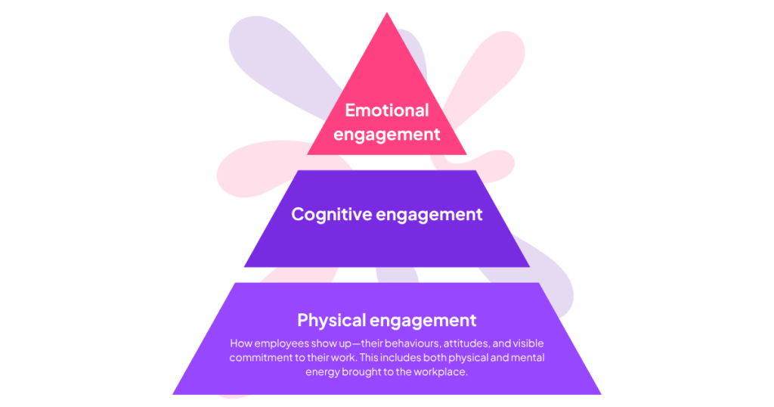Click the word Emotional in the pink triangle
point(387,110)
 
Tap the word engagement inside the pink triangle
point(387,135)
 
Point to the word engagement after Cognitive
point(429,214)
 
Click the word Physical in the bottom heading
point(333,319)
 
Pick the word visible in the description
point(526,343)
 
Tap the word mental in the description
point(527,357)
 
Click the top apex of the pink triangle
point(387,14)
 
